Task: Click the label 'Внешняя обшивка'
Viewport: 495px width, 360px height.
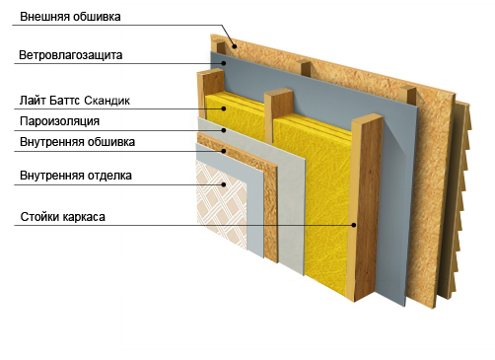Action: [70, 17]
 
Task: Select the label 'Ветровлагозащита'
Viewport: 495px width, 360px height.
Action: [71, 55]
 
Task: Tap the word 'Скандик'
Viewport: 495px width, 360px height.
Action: [107, 101]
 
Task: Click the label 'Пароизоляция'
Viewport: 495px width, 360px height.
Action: [59, 121]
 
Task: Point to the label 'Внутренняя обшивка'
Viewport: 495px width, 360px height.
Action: [77, 142]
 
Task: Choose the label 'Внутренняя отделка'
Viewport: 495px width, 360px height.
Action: [76, 176]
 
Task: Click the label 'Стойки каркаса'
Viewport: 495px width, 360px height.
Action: [63, 217]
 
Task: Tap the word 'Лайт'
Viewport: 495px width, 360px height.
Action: [33, 101]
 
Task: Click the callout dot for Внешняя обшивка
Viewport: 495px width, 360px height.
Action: [235, 46]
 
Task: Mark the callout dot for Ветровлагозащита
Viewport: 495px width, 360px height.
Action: [224, 63]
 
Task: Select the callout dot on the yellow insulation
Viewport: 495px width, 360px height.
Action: [224, 108]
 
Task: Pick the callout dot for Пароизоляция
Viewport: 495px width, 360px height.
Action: [224, 130]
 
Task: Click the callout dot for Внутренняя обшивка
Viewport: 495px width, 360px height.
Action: [224, 151]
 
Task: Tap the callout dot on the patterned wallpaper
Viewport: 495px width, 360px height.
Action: [224, 184]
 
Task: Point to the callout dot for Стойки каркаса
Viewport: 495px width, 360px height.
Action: [354, 225]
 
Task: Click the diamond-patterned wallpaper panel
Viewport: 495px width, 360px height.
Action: [221, 204]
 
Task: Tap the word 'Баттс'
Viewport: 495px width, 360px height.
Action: [65, 101]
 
